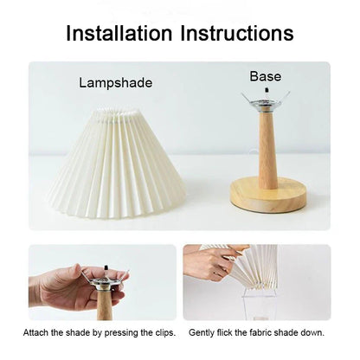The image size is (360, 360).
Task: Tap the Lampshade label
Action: tap(115, 83)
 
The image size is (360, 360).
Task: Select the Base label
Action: tap(265, 76)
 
